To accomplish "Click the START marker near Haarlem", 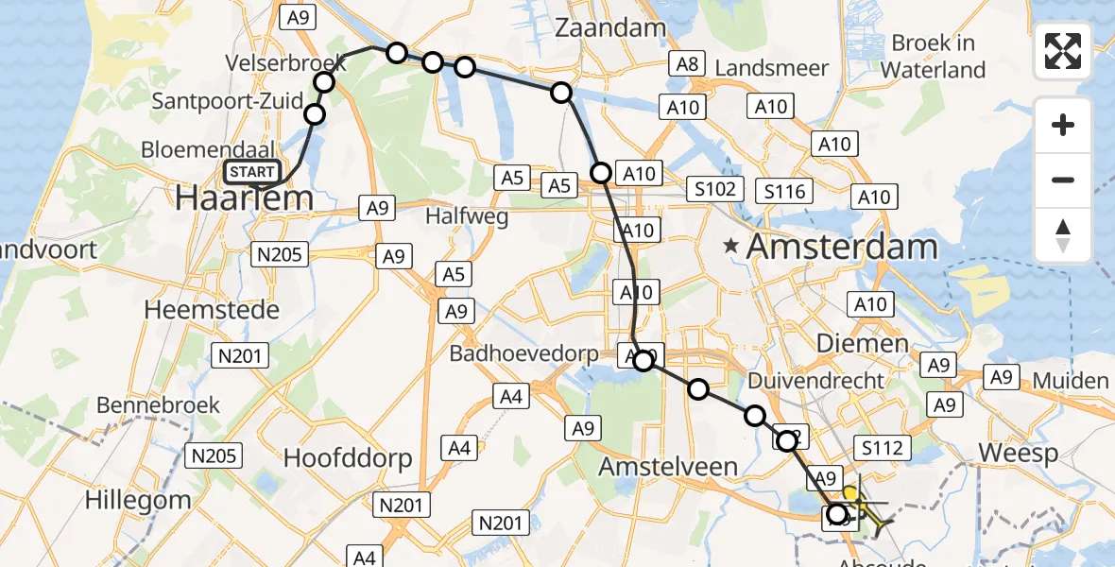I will click(x=252, y=172).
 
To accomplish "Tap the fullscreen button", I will click(x=1063, y=51).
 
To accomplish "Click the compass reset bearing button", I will click(x=1063, y=234).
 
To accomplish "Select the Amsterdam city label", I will click(x=842, y=248).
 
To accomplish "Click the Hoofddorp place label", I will click(x=348, y=458).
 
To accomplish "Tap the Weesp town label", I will click(x=1018, y=452).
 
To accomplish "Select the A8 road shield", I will click(x=687, y=64).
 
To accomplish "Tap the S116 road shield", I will click(x=785, y=192).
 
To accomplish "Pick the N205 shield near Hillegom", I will click(x=213, y=455).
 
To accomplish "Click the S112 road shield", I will click(x=881, y=447).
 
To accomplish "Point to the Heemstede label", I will click(x=212, y=309).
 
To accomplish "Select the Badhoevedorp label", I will click(x=523, y=353).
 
